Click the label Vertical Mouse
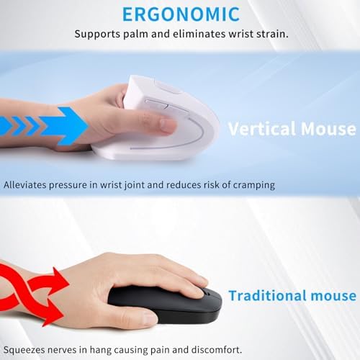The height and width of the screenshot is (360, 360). (292, 129)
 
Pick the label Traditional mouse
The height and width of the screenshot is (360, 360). (292, 296)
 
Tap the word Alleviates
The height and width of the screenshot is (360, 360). (25, 185)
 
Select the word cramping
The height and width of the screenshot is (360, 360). (253, 185)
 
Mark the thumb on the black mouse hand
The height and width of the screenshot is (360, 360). (137, 317)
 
